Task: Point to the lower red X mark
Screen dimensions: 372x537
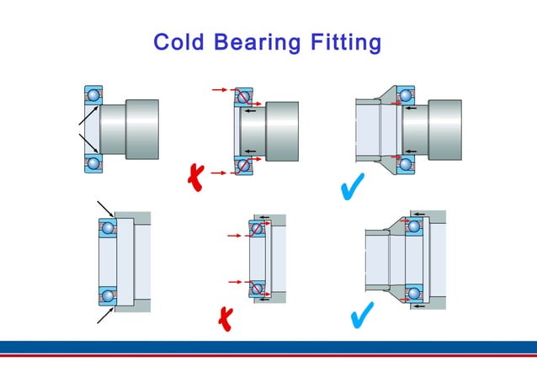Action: tap(225, 317)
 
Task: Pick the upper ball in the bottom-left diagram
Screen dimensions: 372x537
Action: tap(107, 227)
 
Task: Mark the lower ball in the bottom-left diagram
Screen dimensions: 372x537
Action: tap(107, 296)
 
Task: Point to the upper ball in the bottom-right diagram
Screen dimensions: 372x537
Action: tap(414, 225)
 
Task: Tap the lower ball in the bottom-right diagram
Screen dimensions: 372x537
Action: tap(414, 293)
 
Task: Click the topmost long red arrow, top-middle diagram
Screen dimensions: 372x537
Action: tap(221, 88)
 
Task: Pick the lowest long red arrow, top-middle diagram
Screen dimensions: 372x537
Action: tap(221, 173)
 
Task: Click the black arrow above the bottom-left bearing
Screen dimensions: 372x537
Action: tap(105, 209)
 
